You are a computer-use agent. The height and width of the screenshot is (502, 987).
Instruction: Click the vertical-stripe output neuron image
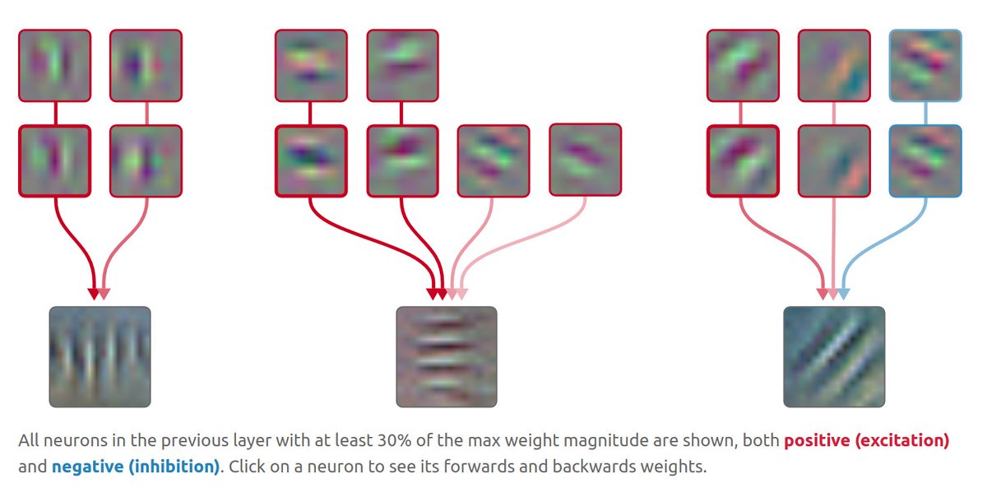[100, 356]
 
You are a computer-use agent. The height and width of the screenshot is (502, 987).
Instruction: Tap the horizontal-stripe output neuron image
[447, 356]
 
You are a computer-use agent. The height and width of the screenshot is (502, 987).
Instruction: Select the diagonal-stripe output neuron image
[834, 356]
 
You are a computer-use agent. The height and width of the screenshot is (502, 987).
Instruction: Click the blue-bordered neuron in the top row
[925, 66]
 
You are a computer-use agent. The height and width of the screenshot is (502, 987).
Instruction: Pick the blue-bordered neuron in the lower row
[925, 160]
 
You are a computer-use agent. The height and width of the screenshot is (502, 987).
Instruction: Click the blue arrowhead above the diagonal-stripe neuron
[844, 294]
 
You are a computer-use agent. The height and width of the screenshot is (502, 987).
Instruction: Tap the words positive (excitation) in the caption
[867, 440]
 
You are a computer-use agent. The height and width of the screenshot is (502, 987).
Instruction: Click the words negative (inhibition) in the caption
[136, 467]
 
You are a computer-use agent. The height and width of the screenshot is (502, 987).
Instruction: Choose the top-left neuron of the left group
[54, 66]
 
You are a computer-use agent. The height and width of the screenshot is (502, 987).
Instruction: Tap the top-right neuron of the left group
[146, 66]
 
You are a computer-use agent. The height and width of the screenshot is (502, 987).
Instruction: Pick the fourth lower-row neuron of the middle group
[585, 160]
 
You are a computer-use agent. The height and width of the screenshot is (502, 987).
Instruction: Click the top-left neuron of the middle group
[311, 66]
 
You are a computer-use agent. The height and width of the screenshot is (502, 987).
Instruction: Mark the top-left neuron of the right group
[743, 66]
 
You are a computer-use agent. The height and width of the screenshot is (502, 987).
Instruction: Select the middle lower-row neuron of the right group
[834, 160]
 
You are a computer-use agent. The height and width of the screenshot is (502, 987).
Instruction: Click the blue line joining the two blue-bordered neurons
[925, 114]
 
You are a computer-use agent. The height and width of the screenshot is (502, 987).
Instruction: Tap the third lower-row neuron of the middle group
[493, 160]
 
